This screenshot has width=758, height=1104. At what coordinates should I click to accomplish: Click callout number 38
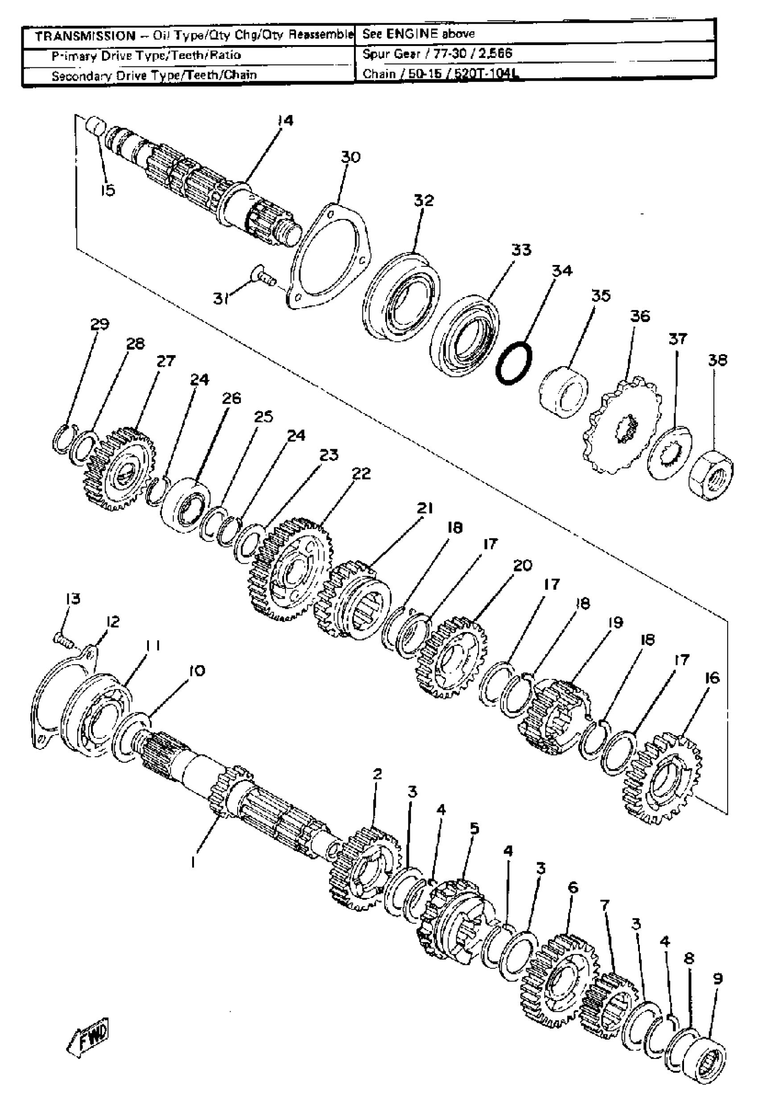pos(717,360)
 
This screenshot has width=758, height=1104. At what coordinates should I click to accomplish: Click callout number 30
pos(350,157)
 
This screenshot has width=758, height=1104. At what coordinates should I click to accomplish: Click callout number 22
pos(361,474)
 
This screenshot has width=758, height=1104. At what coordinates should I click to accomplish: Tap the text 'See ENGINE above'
pos(418,34)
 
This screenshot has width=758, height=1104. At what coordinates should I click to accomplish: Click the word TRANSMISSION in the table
pos(86,36)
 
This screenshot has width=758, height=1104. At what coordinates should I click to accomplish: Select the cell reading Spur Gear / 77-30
pos(437,54)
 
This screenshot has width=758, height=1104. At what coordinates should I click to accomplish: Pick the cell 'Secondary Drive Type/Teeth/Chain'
pos(154,75)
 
